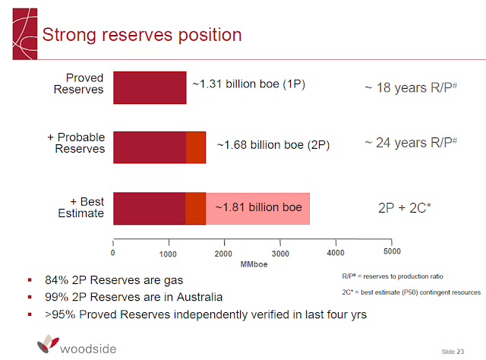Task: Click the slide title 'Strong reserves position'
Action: pyautogui.click(x=141, y=35)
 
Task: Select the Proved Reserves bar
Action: pyautogui.click(x=150, y=87)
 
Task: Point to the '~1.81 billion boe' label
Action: pyautogui.click(x=258, y=207)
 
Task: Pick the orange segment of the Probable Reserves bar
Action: pyautogui.click(x=196, y=147)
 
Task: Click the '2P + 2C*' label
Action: pyautogui.click(x=410, y=207)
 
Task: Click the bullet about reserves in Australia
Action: pyautogui.click(x=132, y=296)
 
